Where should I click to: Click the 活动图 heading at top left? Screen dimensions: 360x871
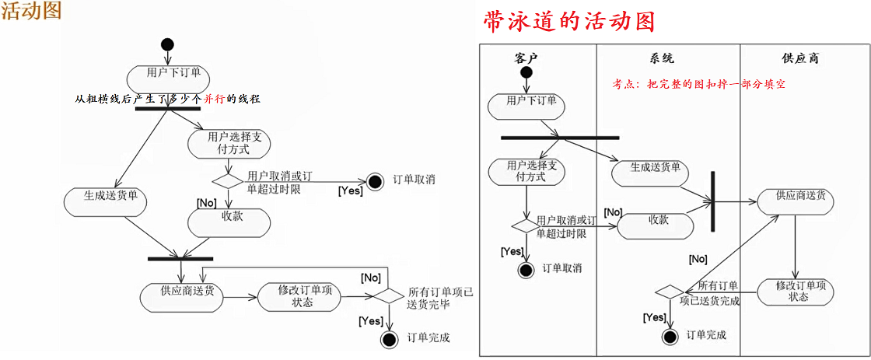(x=31, y=11)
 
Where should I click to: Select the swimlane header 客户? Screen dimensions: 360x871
(x=526, y=58)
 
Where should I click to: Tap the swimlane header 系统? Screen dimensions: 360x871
(x=662, y=58)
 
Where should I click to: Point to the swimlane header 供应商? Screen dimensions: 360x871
(x=799, y=58)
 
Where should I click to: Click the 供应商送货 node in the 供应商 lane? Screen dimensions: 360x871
(x=796, y=199)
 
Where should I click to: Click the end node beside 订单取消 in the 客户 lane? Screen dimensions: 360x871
(x=526, y=270)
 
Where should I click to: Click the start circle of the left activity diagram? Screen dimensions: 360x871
(x=167, y=44)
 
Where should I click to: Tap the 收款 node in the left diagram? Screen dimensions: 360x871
(x=231, y=220)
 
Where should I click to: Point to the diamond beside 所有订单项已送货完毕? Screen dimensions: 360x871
(x=387, y=296)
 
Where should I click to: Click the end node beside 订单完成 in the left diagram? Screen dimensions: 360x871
(x=389, y=339)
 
